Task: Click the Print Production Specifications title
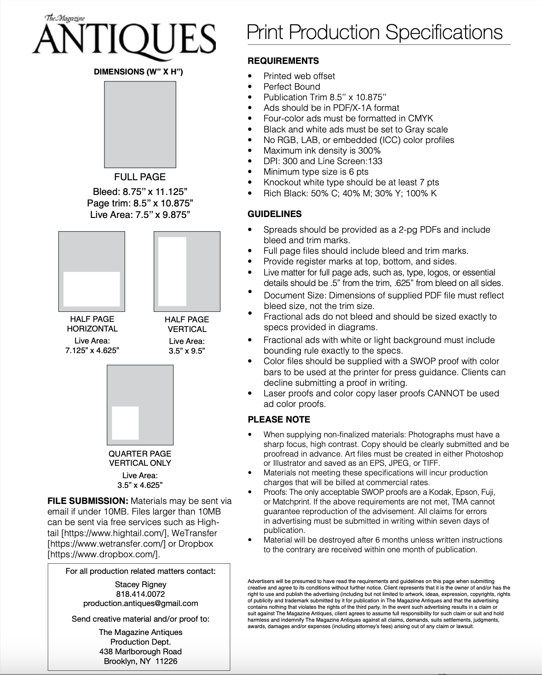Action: click(375, 32)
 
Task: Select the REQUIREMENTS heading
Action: click(283, 61)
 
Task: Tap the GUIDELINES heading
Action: click(275, 214)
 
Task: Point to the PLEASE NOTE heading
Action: click(279, 419)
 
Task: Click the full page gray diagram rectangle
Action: click(140, 124)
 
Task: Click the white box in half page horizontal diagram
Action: click(92, 289)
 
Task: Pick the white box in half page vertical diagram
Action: click(172, 271)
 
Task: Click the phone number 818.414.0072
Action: click(140, 594)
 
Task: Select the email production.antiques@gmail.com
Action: click(140, 603)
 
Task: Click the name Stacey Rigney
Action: click(140, 584)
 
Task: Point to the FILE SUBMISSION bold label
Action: click(87, 501)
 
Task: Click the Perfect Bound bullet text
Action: click(292, 86)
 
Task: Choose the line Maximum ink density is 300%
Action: click(322, 150)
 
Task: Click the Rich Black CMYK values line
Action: click(350, 193)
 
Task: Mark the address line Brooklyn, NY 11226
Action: click(140, 661)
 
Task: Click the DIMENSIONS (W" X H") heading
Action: click(138, 72)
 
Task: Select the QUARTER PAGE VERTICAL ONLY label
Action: click(140, 458)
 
